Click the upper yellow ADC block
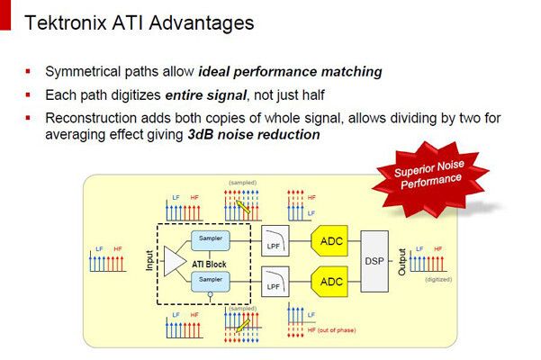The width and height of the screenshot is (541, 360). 333,239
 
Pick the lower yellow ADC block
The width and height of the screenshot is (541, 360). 333,281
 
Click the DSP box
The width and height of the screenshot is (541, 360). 374,261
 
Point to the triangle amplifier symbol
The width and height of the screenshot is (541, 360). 172,261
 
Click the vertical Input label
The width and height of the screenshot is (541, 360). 150,261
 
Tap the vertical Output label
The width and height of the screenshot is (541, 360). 401,261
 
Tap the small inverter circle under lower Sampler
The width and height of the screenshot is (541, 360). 210,293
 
